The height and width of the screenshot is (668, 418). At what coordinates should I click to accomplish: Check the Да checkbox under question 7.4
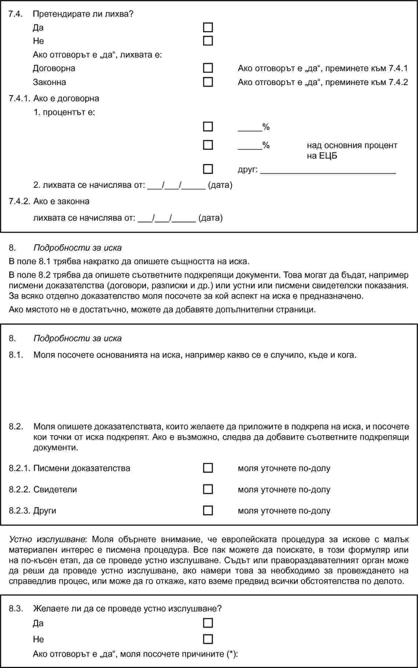[x=208, y=28]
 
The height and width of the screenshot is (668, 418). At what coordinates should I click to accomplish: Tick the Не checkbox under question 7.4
[x=208, y=41]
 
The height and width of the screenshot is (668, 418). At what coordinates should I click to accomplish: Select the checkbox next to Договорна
[x=208, y=68]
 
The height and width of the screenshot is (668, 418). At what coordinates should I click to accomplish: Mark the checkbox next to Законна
[x=208, y=82]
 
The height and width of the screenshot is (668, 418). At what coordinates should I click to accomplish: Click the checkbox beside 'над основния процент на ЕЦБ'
[x=208, y=145]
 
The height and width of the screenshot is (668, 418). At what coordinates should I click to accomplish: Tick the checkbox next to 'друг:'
[x=208, y=169]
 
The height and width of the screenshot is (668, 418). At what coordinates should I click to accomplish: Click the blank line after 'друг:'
[x=328, y=171]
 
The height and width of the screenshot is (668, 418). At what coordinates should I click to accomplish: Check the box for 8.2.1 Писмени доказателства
[x=208, y=468]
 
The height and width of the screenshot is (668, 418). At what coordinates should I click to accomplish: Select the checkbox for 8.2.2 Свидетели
[x=208, y=489]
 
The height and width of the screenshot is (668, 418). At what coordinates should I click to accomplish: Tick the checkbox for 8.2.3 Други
[x=208, y=510]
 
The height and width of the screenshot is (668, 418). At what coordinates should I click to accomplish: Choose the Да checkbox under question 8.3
[x=208, y=623]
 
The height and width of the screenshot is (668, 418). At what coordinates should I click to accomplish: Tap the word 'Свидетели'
[x=55, y=489]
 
